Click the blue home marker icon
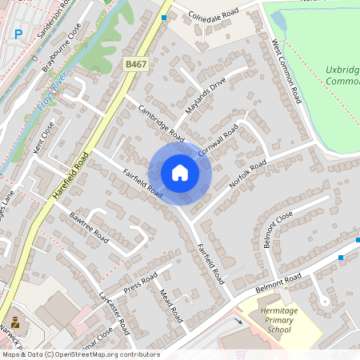pos(180,173)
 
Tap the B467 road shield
pos(136,62)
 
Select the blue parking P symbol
pos(18,34)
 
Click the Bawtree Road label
pos(88,226)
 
